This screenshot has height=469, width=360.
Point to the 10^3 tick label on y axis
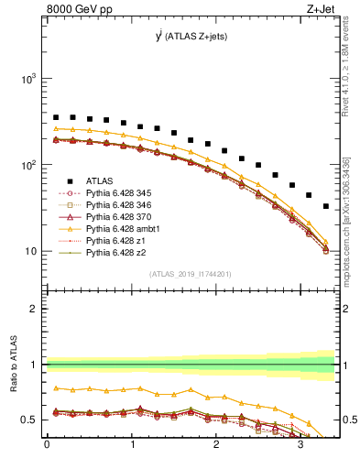point(27,80)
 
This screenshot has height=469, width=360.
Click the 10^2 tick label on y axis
point(27,166)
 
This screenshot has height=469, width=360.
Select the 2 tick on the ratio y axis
point(34,309)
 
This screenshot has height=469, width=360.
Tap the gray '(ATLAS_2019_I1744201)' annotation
point(191,273)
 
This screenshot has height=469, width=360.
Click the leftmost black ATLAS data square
point(56,117)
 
